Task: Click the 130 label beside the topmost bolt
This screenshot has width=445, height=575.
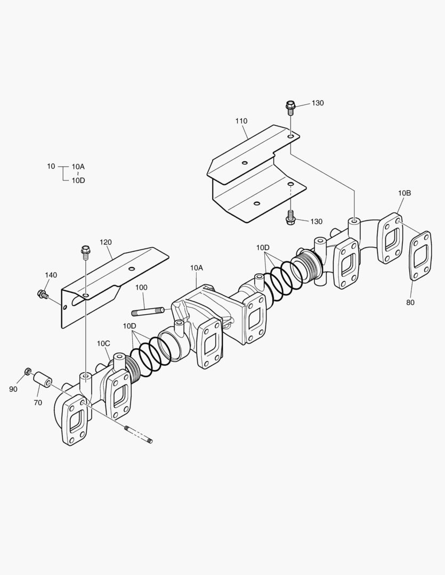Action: pos(317,103)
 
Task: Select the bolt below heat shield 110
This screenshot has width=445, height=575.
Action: pos(290,217)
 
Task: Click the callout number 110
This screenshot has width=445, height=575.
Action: pos(241,121)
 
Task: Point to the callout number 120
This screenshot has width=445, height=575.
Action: pos(106,242)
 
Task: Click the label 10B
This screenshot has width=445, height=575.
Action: pos(404,193)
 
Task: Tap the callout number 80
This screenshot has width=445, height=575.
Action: pos(410,302)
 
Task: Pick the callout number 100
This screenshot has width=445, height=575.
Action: pos(141,287)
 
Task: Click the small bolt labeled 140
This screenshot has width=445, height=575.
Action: pos(42,293)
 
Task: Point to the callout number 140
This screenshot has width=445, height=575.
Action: pos(51,275)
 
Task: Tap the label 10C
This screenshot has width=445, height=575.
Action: pos(103,343)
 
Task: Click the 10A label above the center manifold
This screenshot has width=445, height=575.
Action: pos(196,268)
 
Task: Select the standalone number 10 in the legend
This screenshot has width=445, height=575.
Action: pos(51,167)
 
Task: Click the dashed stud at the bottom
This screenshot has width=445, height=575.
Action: pos(138,434)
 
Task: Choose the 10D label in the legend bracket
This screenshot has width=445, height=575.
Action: pos(78,180)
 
